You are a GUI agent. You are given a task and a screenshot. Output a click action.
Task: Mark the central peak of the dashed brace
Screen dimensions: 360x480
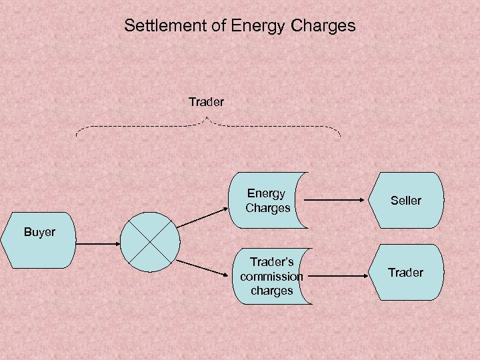pyautogui.click(x=208, y=118)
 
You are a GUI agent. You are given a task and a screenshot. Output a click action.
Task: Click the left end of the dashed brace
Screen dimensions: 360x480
pyautogui.click(x=77, y=133)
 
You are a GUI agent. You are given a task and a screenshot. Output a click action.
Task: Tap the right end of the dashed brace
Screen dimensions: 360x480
pyautogui.click(x=339, y=133)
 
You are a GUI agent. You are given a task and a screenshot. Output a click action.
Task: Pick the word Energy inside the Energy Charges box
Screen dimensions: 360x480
pyautogui.click(x=266, y=193)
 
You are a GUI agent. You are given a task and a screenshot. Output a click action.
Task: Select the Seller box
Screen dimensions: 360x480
pyautogui.click(x=406, y=200)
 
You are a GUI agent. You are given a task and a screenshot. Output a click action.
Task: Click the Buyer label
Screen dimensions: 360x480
pyautogui.click(x=39, y=232)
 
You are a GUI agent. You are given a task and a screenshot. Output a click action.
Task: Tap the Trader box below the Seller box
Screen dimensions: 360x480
pyautogui.click(x=406, y=272)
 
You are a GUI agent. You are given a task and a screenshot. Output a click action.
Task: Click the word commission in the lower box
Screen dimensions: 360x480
pyautogui.click(x=271, y=276)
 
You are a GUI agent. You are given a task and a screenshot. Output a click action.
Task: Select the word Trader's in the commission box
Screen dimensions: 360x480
pyautogui.click(x=271, y=262)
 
